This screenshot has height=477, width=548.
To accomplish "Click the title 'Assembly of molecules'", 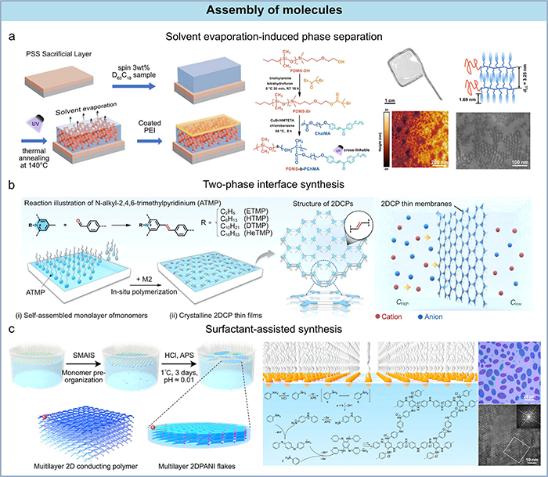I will [x=273, y=12].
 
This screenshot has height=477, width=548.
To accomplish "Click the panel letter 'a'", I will [x=10, y=36].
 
